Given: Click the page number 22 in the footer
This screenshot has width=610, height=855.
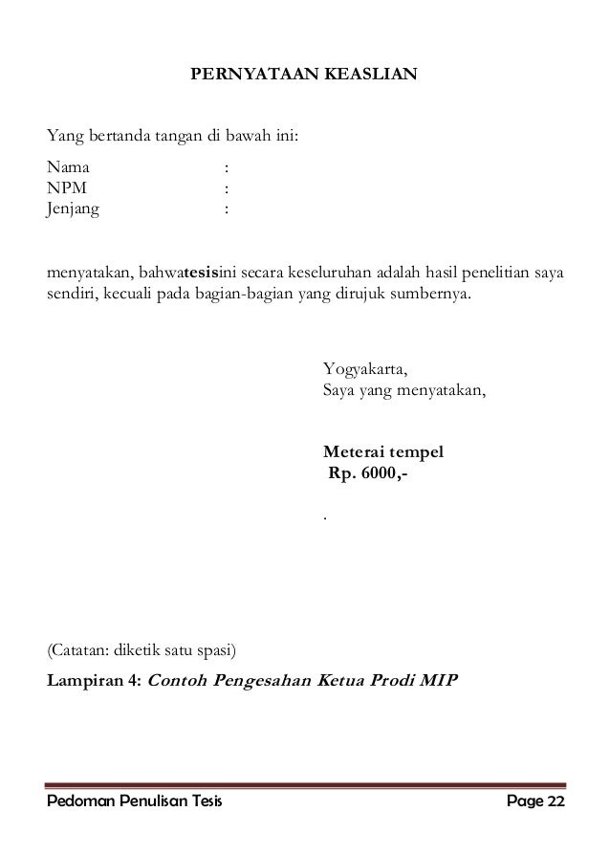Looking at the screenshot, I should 556,800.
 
